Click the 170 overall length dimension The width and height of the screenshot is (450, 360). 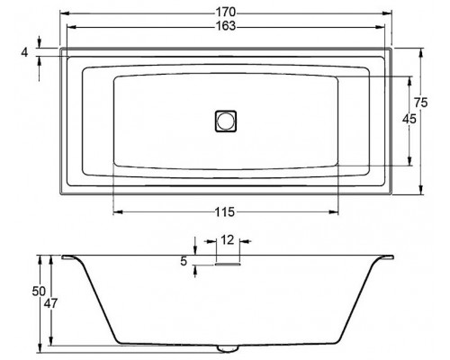click(226, 13)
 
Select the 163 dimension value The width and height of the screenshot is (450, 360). click(226, 26)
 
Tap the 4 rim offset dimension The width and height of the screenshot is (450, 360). click(24, 52)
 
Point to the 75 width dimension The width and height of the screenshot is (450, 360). click(420, 103)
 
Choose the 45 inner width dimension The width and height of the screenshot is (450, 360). click(409, 119)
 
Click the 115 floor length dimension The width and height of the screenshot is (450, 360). click(225, 212)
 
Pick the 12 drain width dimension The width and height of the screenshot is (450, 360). click(228, 240)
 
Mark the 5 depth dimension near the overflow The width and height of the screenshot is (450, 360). click(184, 261)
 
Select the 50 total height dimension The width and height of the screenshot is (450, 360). click(39, 292)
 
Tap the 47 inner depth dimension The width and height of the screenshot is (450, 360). click(50, 303)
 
